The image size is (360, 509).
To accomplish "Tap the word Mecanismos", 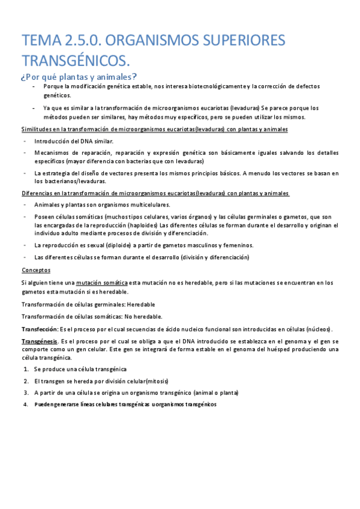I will (x=53, y=152).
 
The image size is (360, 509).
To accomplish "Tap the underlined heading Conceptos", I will (x=36, y=270).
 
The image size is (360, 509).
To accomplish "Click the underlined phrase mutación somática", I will (x=101, y=282).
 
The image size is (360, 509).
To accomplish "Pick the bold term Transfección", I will (x=40, y=329).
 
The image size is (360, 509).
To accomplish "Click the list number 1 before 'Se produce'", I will (x=26, y=369).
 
